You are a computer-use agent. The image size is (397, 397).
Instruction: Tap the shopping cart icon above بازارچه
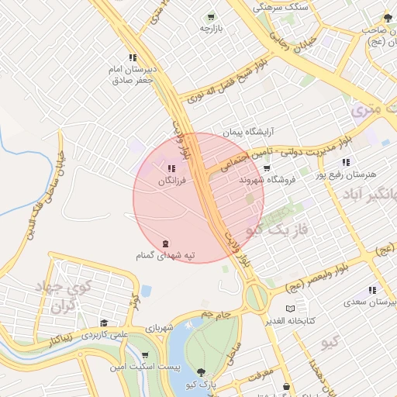click(210, 16)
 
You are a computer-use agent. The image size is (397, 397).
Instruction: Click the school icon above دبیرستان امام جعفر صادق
click(133, 57)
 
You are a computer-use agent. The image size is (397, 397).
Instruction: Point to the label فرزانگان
click(172, 181)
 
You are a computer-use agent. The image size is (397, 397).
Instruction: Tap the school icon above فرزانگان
click(171, 168)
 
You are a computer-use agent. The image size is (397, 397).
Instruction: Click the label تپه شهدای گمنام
click(165, 255)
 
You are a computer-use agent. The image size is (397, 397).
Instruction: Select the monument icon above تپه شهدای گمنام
click(164, 243)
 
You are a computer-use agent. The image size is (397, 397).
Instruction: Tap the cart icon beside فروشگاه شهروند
click(266, 167)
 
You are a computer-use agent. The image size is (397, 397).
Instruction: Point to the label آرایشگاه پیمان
click(247, 133)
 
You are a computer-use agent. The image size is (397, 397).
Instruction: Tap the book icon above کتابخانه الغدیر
click(290, 308)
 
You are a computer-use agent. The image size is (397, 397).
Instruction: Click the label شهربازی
click(157, 328)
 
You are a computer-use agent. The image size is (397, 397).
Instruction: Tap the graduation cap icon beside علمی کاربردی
click(104, 323)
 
